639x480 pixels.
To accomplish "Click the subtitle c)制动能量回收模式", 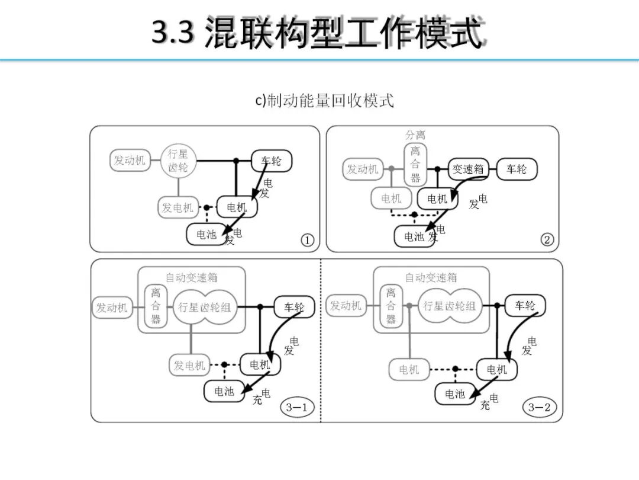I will click(x=324, y=101).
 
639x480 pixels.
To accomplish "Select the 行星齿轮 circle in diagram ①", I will click(x=178, y=161).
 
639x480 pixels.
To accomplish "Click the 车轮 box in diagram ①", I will click(x=272, y=161).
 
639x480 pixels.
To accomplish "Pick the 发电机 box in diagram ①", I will click(x=178, y=207).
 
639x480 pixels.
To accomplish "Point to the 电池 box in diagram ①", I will click(x=206, y=235).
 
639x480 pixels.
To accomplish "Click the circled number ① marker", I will click(x=307, y=240).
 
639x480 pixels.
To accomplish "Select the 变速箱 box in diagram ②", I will click(x=468, y=169).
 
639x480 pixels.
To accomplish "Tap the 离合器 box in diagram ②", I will click(x=415, y=164).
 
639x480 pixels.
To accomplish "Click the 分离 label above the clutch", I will click(x=415, y=135).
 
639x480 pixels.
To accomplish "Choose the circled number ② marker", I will click(x=547, y=239).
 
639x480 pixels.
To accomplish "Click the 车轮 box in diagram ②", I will click(x=517, y=169).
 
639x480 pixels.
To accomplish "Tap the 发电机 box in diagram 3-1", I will click(x=189, y=366).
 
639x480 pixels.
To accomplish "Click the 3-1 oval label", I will click(x=296, y=407).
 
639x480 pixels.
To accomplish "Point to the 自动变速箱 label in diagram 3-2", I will click(x=431, y=277).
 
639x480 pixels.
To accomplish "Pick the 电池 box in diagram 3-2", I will click(x=455, y=394).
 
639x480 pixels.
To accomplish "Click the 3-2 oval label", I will click(x=539, y=407).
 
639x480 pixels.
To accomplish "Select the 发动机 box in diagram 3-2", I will click(x=346, y=306).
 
